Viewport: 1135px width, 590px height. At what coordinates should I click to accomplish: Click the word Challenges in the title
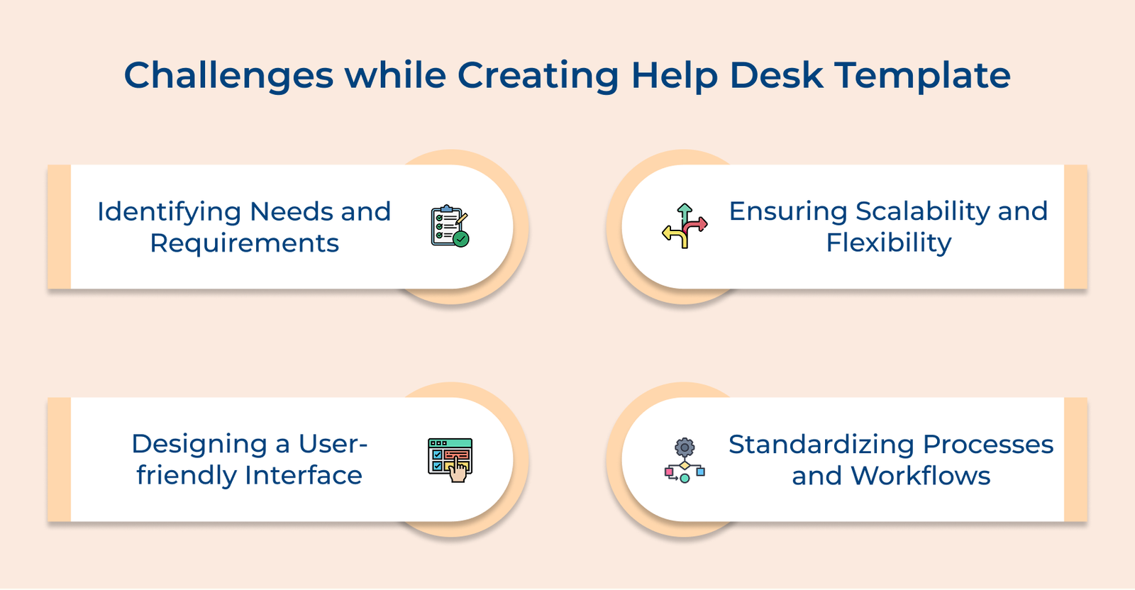[228, 76]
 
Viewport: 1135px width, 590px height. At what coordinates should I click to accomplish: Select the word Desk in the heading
[777, 76]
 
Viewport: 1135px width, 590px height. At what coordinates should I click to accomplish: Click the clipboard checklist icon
[449, 226]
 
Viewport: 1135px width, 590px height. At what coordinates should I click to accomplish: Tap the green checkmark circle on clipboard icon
[461, 239]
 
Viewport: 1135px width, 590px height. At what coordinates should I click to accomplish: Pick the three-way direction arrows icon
[685, 226]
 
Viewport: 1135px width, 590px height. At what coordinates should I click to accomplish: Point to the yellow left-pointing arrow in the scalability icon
[670, 233]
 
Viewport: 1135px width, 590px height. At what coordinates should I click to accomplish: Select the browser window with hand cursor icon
[450, 460]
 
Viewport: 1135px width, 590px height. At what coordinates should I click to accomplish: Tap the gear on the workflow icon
[685, 447]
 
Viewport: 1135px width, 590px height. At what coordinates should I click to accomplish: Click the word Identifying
[170, 212]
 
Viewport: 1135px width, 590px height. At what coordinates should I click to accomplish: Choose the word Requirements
[244, 243]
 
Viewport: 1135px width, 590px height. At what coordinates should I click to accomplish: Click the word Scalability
[923, 211]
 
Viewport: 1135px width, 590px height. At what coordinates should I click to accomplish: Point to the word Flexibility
[888, 243]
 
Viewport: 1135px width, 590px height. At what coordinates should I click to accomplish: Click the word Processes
[988, 445]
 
